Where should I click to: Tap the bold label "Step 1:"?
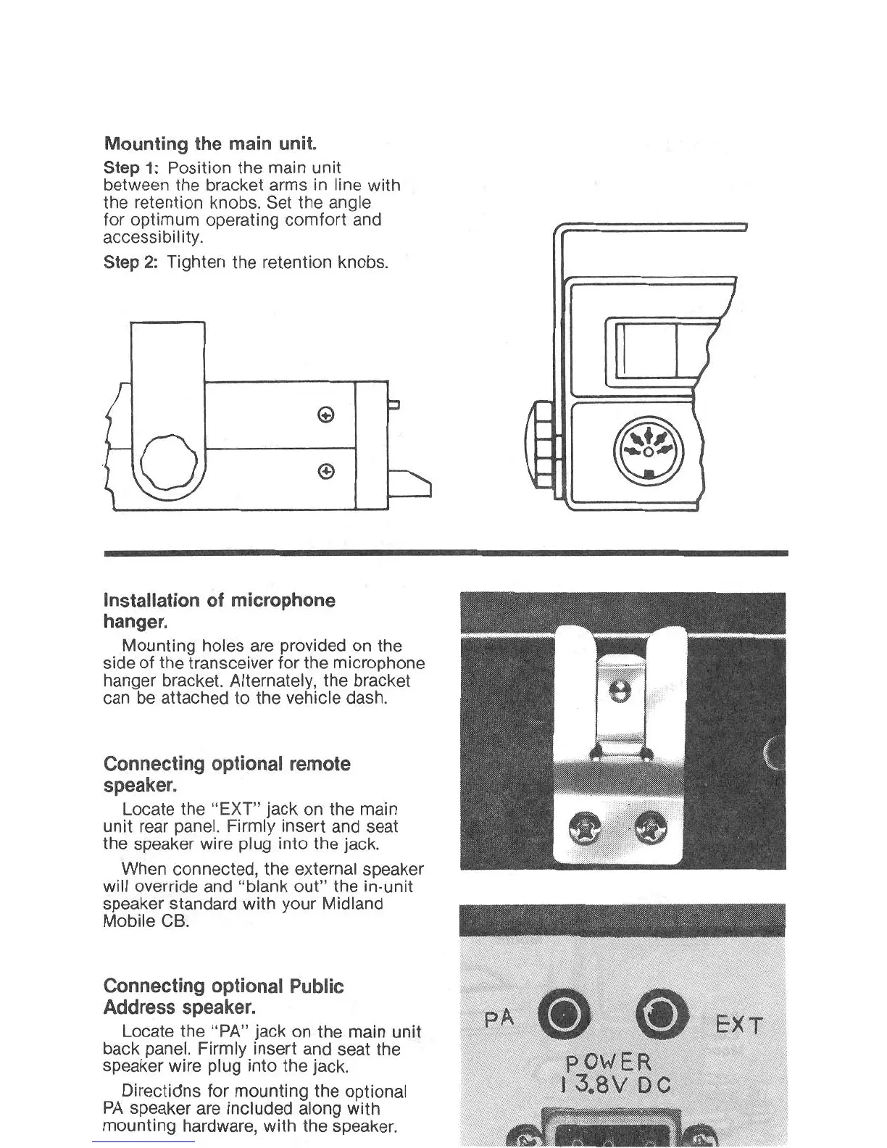(131, 168)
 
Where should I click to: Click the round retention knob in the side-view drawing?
(168, 463)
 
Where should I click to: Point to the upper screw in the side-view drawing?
(326, 415)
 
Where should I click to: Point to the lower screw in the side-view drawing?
(326, 472)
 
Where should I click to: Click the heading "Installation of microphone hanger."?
(219, 610)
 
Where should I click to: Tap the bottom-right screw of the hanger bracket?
(650, 827)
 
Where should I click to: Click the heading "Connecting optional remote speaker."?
(227, 774)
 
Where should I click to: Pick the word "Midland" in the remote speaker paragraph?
(352, 904)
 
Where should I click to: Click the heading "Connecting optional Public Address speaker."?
(223, 996)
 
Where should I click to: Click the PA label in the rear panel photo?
(499, 1018)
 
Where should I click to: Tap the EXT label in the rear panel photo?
(738, 1025)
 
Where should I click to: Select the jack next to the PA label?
(562, 1014)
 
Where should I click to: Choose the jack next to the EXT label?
(660, 1013)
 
